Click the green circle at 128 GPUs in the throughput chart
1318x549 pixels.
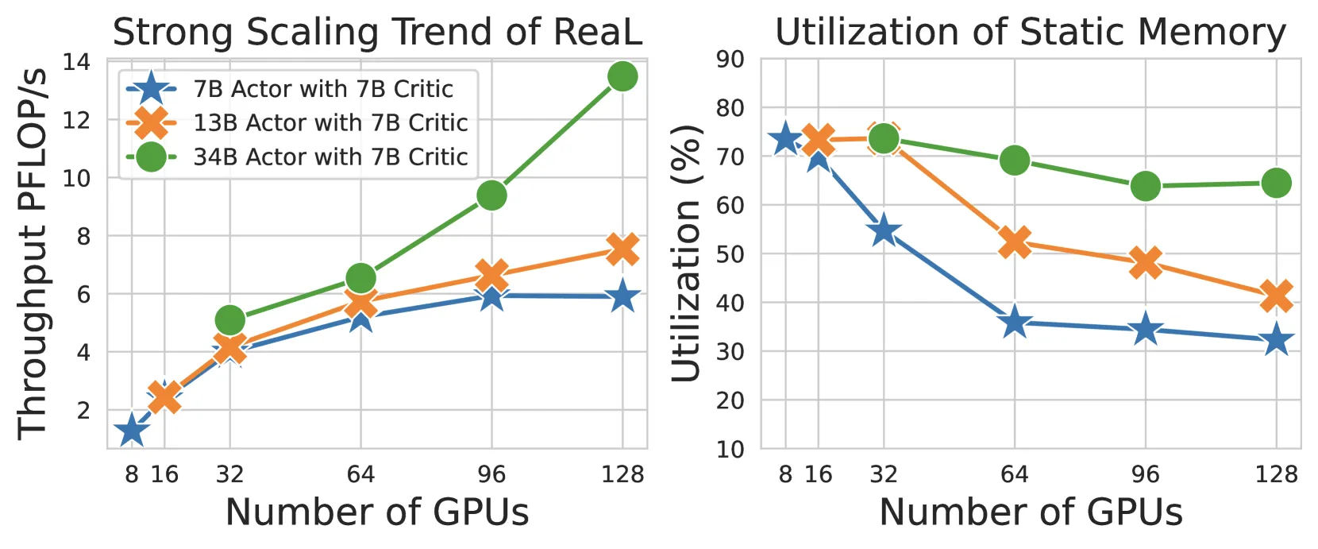coord(622,76)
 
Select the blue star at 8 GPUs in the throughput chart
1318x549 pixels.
coord(131,430)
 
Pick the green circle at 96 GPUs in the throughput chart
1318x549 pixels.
coord(492,195)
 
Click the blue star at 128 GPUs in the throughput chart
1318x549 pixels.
coord(622,296)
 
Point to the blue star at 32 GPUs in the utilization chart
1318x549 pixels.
coord(884,231)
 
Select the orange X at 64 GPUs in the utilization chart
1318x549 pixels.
coord(1015,242)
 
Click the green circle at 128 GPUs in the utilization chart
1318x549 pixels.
coord(1276,183)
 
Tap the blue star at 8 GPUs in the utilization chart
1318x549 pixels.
coord(785,140)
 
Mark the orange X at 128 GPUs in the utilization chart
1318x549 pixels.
coord(1276,295)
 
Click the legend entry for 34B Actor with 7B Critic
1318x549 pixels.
coord(297,157)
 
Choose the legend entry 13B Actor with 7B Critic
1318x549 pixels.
coord(297,122)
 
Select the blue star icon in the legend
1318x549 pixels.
coord(151,88)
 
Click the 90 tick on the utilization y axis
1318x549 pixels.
coord(730,60)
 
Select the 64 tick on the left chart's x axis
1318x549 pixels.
coord(360,474)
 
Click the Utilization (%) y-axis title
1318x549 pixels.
coord(685,253)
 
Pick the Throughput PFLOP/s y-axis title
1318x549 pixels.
coord(33,254)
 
